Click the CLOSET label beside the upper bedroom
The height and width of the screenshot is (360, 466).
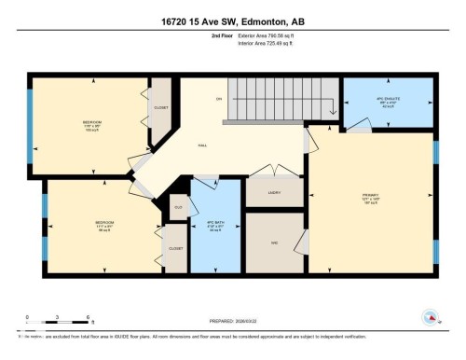(161, 106)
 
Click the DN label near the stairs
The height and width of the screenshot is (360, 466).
(219, 99)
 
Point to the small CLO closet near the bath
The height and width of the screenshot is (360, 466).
(177, 207)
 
